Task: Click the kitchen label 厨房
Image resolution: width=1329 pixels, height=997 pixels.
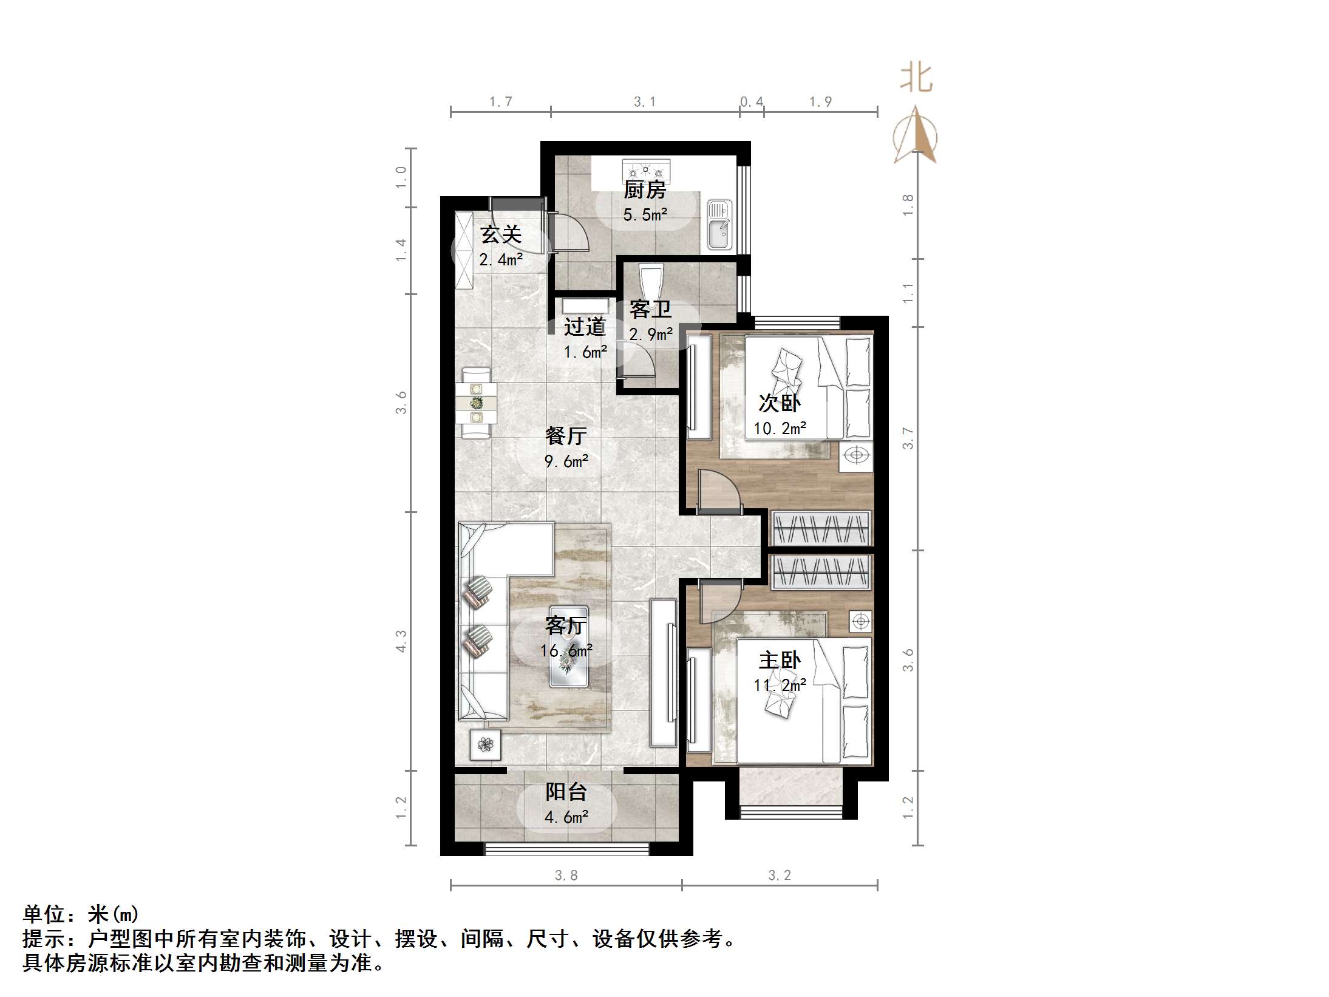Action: (645, 190)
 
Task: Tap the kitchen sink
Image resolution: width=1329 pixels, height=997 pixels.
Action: (720, 226)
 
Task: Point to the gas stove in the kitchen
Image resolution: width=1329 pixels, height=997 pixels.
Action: (646, 169)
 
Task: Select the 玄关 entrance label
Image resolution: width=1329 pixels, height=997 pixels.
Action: (501, 235)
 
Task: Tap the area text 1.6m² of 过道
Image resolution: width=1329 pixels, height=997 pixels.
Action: (585, 352)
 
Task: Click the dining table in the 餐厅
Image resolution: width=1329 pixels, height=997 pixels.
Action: (477, 402)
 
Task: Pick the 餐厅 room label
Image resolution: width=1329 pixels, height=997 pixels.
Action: (566, 435)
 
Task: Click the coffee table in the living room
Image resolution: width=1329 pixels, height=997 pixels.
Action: (568, 647)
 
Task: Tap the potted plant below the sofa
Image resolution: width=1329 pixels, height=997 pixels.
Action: (485, 744)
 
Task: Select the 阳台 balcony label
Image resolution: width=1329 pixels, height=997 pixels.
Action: (566, 791)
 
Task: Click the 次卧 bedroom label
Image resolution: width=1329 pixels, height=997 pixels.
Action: (780, 403)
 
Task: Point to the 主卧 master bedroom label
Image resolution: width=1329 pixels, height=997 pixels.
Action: (780, 660)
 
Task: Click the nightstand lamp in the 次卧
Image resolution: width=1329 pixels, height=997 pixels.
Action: (856, 456)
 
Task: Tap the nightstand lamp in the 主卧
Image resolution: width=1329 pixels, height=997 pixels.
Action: (860, 621)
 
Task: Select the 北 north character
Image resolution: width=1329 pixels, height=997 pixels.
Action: (916, 79)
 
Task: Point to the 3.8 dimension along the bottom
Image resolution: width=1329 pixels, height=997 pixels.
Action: (566, 875)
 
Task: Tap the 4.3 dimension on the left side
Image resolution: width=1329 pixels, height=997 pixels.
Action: (401, 641)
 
